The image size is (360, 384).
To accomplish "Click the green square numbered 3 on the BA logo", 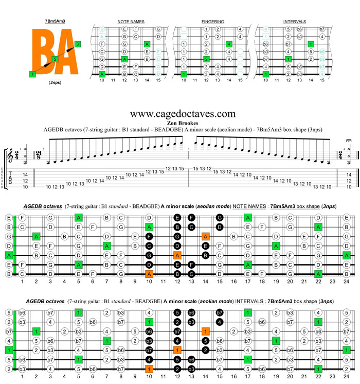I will pos(77,44).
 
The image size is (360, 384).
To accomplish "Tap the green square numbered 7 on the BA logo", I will pos(33,74).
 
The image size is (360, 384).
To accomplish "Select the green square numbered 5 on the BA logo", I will pos(55,60).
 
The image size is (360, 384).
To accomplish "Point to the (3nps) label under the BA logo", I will pos(54,82).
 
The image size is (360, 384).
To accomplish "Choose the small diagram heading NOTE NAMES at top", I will pos(131,22).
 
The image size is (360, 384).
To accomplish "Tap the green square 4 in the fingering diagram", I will pos(229,44).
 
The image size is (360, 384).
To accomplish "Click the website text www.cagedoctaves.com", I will pos(183,113).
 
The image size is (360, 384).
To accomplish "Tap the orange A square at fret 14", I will pos(205,236).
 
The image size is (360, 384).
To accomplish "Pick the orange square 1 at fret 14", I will pos(205,331).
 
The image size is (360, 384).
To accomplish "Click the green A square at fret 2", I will pos(37,236).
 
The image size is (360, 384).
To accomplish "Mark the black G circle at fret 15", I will pos(219,218).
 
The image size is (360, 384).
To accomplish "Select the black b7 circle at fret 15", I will pos(219,312).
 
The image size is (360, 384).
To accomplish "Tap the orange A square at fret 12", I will pos(177,255).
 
